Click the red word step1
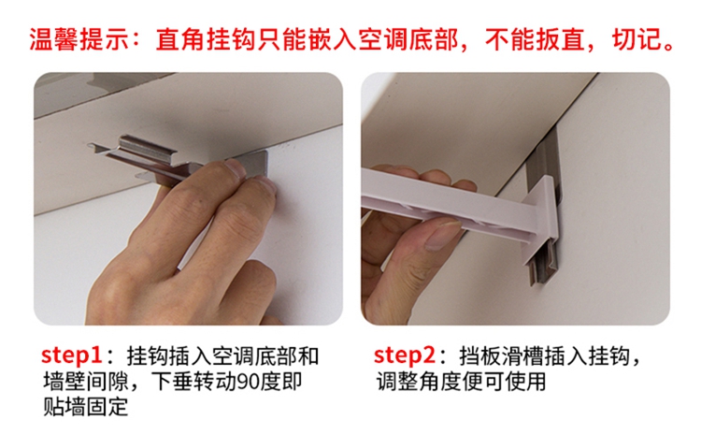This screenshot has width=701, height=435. point(72,355)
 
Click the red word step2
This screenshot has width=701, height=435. point(404,355)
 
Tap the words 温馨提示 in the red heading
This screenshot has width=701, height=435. point(79,39)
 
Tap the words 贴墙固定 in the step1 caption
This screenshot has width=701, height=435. point(86,406)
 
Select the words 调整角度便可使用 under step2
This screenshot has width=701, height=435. point(461,381)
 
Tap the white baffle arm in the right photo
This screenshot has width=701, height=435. point(451,201)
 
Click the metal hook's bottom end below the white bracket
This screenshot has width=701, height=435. point(540,268)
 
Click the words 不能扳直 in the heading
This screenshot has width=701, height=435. point(535,39)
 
